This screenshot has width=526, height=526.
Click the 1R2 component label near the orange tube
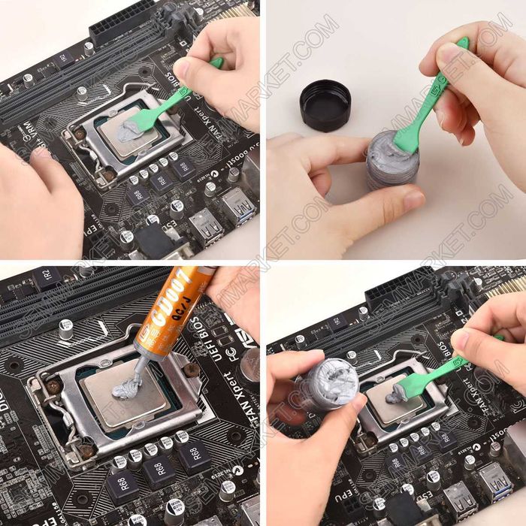click(x=47, y=276)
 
